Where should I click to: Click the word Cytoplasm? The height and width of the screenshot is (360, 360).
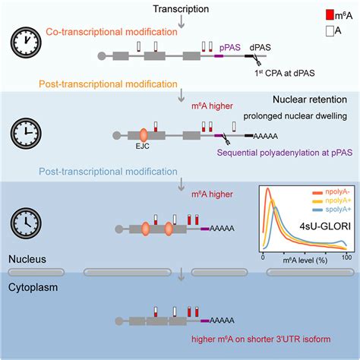30,268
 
